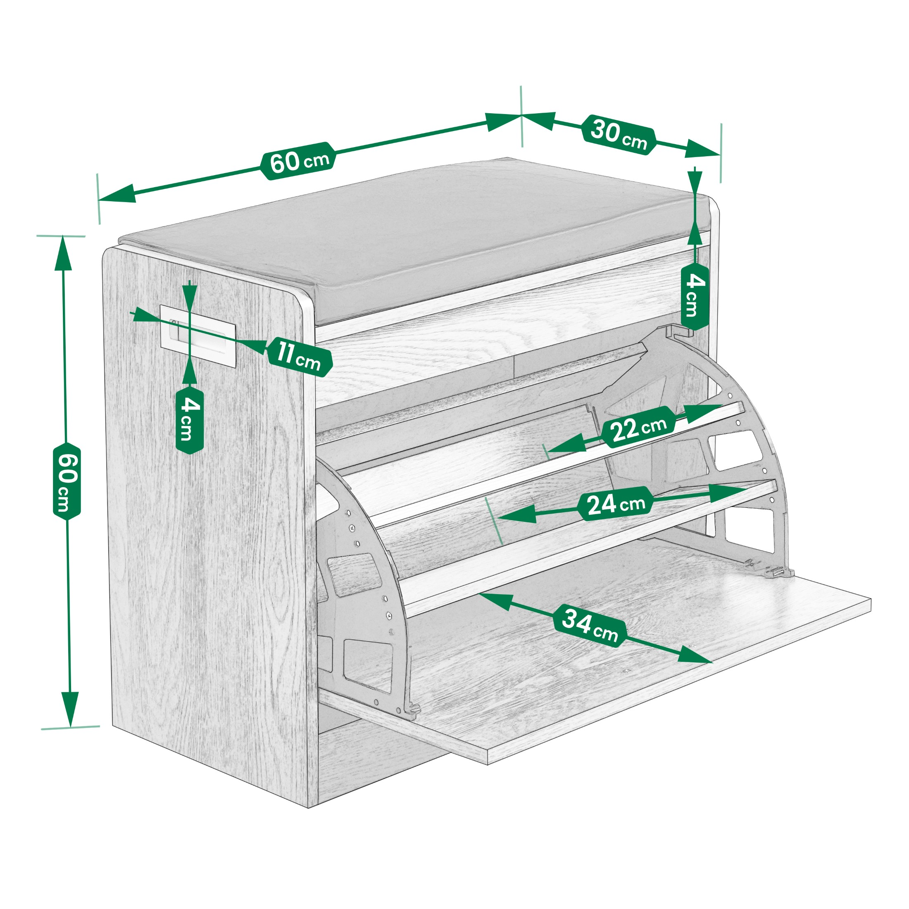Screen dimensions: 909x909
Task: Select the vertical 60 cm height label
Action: (x=67, y=481)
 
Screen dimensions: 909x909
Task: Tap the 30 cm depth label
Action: (x=618, y=134)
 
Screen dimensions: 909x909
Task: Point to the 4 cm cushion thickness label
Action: (x=695, y=296)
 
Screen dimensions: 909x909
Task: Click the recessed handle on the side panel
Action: (x=197, y=335)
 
